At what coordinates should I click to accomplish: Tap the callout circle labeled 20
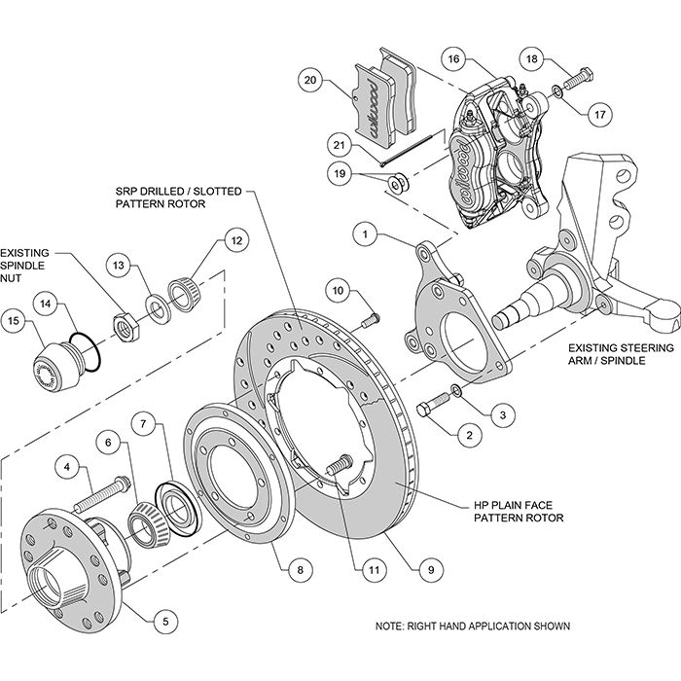310,79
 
